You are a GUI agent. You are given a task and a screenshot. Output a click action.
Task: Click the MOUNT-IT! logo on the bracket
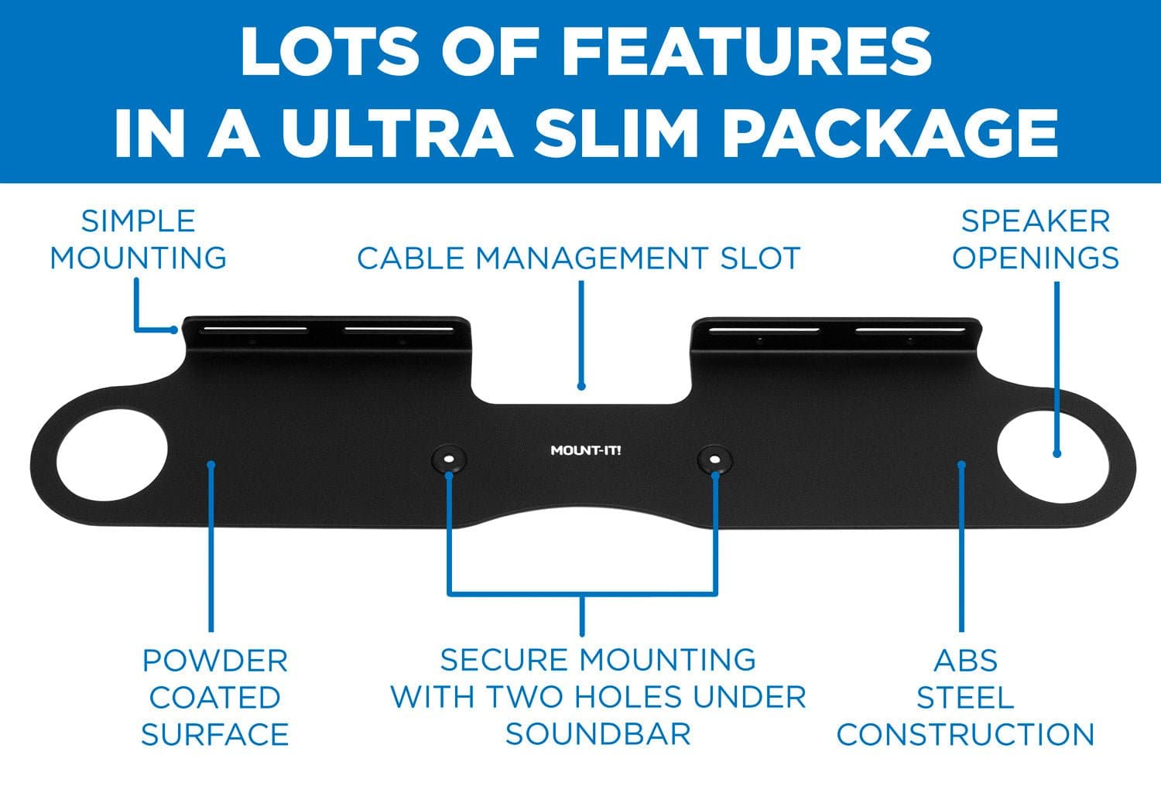(586, 450)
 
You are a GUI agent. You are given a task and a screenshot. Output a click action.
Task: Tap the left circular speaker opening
(111, 455)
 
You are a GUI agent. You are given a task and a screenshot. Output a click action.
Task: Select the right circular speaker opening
(1053, 456)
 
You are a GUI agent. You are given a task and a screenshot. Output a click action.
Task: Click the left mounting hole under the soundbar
(449, 459)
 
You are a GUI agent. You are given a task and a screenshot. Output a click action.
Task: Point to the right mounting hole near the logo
(714, 459)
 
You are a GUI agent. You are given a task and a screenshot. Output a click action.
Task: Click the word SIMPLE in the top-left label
(138, 221)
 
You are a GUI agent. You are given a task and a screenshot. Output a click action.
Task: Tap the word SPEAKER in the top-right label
(1036, 221)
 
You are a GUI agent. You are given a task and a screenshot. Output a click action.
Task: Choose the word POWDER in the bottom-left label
(215, 661)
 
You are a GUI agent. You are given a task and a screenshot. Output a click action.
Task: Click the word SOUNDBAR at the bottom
(598, 734)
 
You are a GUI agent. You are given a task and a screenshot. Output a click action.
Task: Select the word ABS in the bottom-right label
(966, 661)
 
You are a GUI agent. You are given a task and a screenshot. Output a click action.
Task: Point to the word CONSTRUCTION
(966, 734)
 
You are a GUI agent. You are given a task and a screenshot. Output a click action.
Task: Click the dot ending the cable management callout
(581, 386)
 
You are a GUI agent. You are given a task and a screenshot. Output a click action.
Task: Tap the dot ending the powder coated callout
(211, 465)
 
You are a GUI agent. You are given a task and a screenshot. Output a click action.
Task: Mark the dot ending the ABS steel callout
(961, 465)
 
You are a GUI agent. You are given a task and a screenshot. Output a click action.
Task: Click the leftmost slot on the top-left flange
(254, 330)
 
